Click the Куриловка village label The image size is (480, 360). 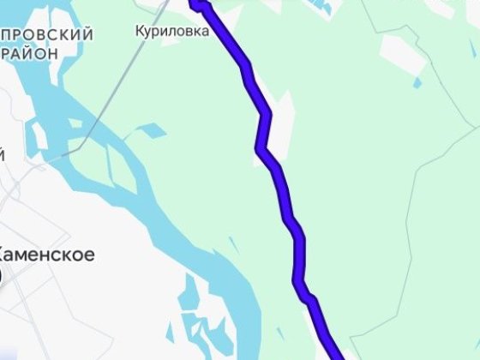[x=171, y=31]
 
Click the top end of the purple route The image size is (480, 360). [x=196, y=4]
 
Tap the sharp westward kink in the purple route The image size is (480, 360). [x=260, y=150]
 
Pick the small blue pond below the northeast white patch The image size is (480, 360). [x=417, y=82]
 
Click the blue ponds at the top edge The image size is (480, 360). [x=321, y=7]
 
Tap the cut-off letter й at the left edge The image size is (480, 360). [x=3, y=155]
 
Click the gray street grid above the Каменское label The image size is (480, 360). [x=34, y=206]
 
